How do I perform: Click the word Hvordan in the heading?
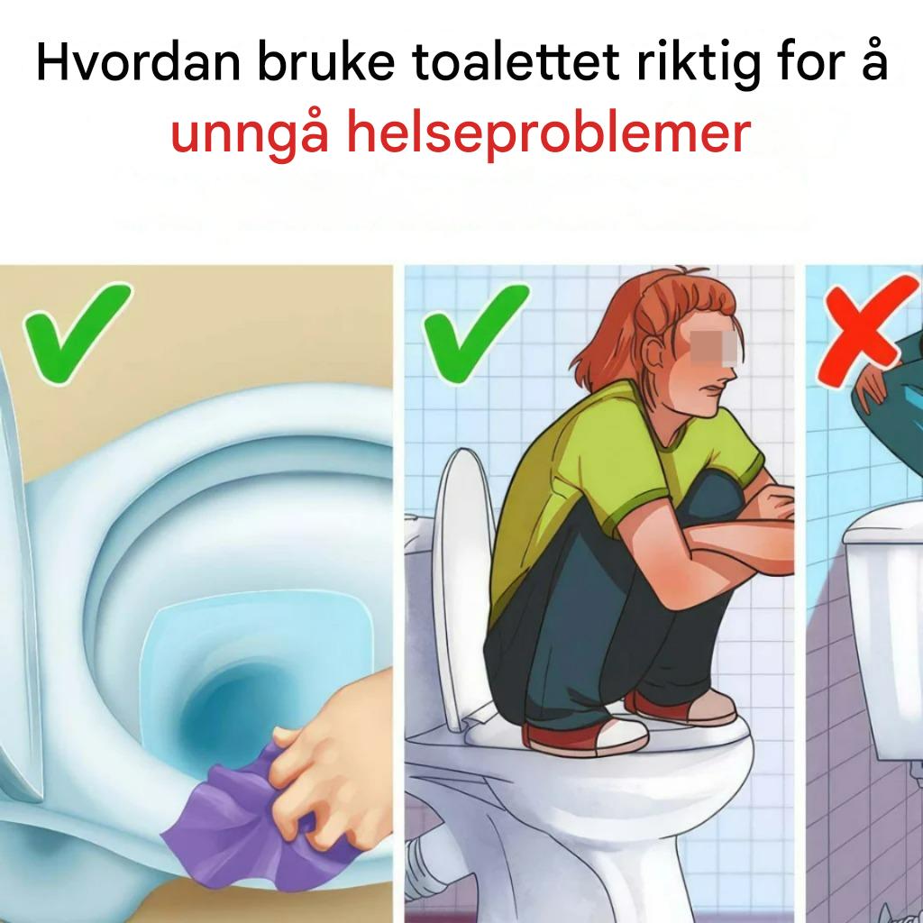pyautogui.click(x=138, y=62)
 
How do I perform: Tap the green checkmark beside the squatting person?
pyautogui.click(x=476, y=334)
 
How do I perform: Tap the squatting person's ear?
pyautogui.click(x=653, y=355)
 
